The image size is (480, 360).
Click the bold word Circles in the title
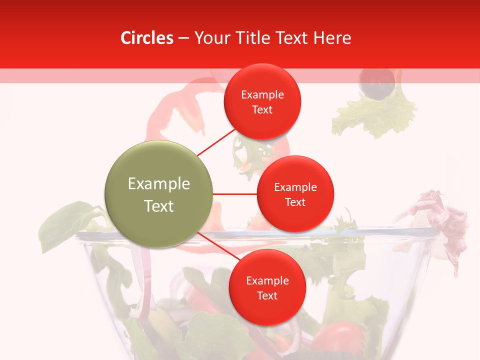click(x=146, y=38)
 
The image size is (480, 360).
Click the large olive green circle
click(x=159, y=194)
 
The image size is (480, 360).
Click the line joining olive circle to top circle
click(x=216, y=141)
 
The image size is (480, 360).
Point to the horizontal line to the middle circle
click(x=235, y=194)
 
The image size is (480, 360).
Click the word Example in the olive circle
click(x=159, y=184)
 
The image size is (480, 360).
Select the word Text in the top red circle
click(x=262, y=110)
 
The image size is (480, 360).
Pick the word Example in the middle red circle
click(x=295, y=187)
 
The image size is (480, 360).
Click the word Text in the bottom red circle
click(x=267, y=296)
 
